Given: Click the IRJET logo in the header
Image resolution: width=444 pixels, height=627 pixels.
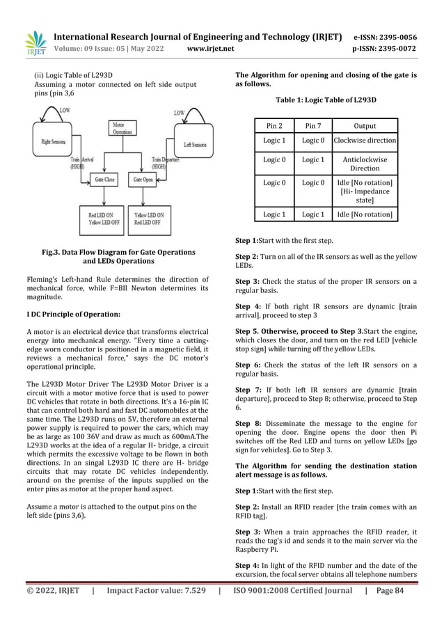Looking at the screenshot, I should [34, 43].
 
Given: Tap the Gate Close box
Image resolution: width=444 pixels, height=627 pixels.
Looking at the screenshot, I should [105, 179].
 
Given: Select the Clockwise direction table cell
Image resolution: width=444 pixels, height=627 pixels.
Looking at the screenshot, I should [365, 141].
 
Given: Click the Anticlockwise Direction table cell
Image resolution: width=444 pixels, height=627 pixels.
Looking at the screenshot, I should [365, 164].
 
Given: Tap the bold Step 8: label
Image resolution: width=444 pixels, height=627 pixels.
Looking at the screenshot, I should [247, 423].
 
